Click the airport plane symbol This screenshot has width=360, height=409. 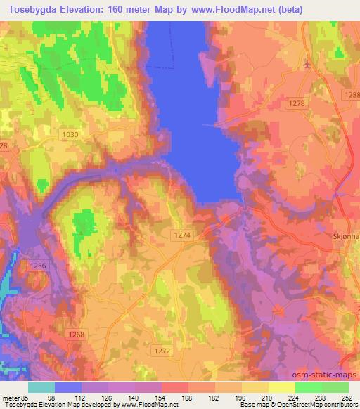pyautogui.click(x=307, y=65)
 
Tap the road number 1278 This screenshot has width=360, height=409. pyautogui.click(x=297, y=103)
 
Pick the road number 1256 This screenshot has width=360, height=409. pyautogui.click(x=39, y=265)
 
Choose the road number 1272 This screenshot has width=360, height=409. pyautogui.click(x=162, y=349)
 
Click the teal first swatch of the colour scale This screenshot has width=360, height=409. pyautogui.click(x=41, y=387)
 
